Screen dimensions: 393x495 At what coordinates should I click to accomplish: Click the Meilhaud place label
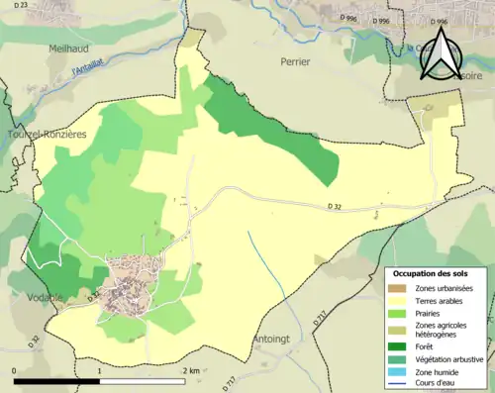click(70, 47)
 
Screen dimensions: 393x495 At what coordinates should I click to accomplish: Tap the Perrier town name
click(295, 61)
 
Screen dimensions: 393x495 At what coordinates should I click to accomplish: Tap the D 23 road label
click(16, 7)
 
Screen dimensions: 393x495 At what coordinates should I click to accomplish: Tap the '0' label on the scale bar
click(14, 370)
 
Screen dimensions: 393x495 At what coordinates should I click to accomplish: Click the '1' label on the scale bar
click(100, 370)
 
